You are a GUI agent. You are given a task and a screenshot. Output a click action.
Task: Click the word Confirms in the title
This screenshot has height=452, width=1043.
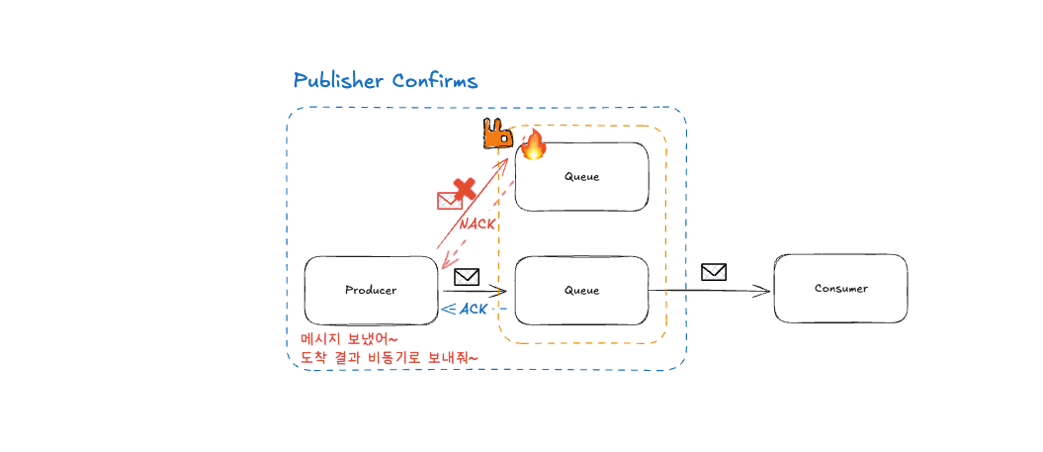coord(435,80)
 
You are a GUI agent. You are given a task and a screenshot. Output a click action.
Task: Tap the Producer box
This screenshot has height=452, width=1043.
coord(371,290)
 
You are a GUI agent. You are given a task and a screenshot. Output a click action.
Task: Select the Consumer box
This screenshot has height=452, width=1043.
coord(840,288)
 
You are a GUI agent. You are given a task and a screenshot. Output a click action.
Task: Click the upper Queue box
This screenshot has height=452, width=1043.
coord(581,176)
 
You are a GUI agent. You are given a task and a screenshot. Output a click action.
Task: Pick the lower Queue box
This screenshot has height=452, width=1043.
coord(581,290)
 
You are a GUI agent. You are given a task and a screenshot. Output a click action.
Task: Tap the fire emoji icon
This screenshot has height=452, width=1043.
coord(534,144)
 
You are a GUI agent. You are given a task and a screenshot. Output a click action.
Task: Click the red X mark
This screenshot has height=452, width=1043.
coord(463,189)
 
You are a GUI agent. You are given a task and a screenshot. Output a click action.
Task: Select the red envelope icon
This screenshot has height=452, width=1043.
coord(449,201)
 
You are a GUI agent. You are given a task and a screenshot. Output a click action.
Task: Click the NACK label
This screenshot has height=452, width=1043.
coord(478,225)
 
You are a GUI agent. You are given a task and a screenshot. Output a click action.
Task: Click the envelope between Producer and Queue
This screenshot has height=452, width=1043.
coord(467,277)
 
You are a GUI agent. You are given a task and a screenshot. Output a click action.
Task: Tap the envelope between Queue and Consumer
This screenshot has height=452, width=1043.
coord(714,271)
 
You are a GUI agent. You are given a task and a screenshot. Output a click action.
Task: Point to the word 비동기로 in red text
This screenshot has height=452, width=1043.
coord(401,356)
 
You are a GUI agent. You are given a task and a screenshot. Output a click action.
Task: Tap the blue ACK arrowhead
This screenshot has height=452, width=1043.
coord(447,310)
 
